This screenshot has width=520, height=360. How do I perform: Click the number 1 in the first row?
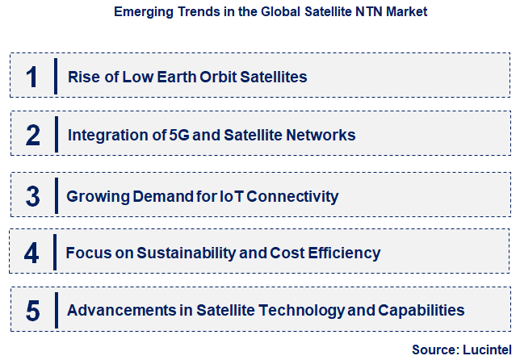pos(31,77)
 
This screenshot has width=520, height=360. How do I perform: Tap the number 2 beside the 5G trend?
pos(32,135)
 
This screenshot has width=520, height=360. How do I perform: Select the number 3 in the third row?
pos(32,196)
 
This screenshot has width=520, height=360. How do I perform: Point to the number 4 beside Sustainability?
pos(31,253)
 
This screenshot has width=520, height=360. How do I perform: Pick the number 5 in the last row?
pos(32,310)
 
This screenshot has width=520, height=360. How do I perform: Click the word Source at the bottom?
pos(434,350)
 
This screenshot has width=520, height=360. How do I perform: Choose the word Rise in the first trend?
pos(82,77)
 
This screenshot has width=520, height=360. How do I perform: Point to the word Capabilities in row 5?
pos(422,310)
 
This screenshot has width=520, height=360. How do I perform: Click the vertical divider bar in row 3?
pos(55,196)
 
